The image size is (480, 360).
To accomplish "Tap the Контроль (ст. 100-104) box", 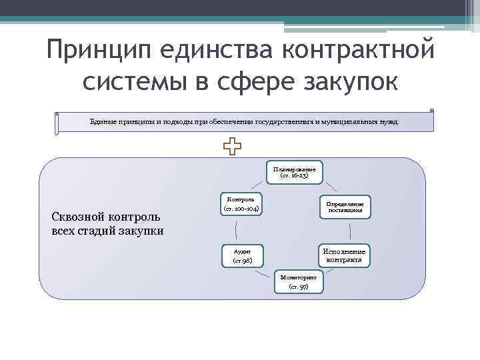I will [241, 205].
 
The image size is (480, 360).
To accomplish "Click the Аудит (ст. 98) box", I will [242, 256].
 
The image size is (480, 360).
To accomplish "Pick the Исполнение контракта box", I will [344, 256].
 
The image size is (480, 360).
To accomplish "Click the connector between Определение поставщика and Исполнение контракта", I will [354, 231].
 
